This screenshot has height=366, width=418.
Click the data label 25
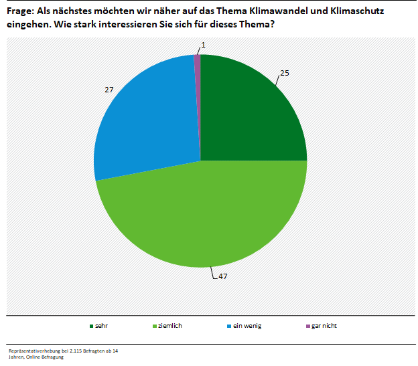point(284,72)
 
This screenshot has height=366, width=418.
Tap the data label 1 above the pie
point(203,45)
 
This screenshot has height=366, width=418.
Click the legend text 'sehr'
point(102,325)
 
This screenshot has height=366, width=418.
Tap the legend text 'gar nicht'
point(324,325)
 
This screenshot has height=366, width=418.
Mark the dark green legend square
point(90,326)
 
